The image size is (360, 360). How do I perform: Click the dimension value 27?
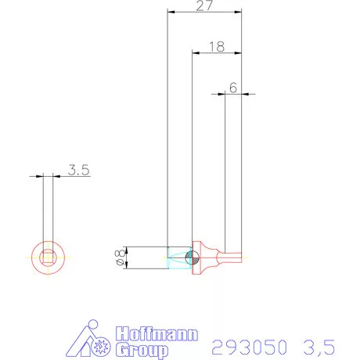[204, 5]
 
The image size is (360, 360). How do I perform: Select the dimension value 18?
[217, 46]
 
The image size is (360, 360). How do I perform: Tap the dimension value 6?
[233, 88]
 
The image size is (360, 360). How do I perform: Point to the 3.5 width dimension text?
[77, 169]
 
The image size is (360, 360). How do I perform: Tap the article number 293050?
[250, 345]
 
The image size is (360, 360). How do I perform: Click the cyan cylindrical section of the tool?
[178, 257]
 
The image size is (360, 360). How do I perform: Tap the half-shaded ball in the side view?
[193, 257]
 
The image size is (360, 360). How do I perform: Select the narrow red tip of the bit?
[233, 257]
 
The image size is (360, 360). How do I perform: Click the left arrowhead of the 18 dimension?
[196, 53]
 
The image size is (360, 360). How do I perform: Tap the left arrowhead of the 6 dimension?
[222, 95]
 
